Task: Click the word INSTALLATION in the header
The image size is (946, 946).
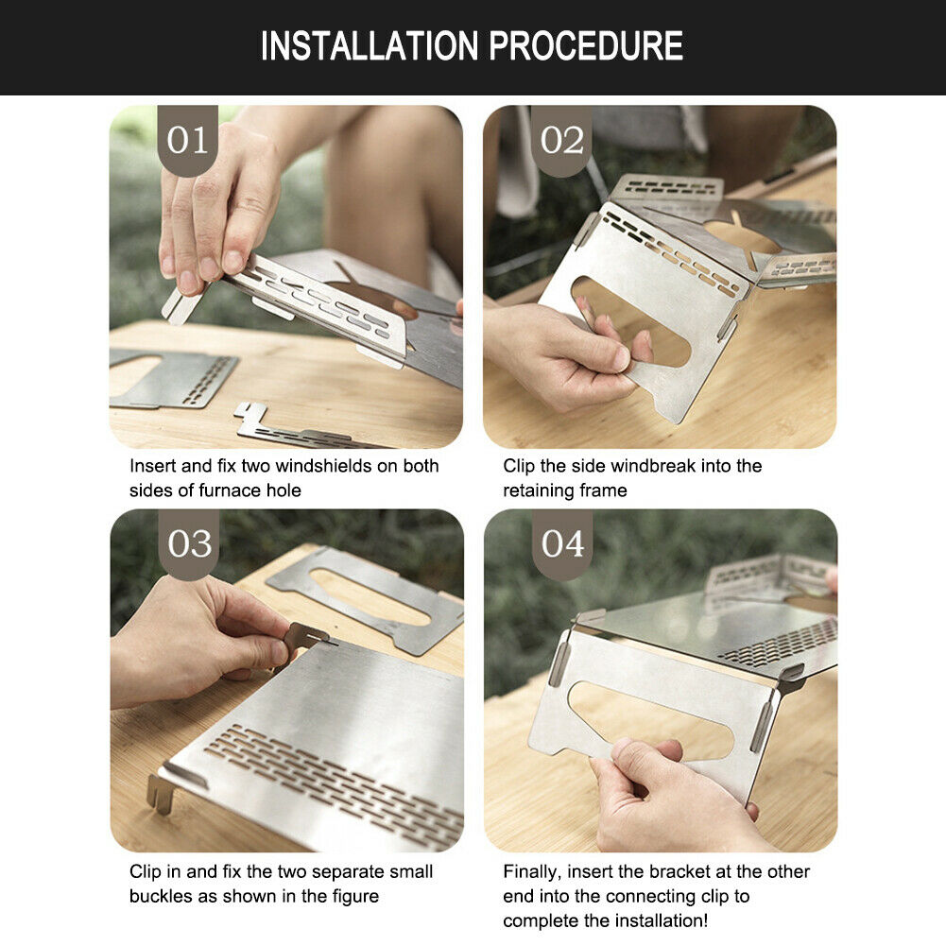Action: click(x=370, y=46)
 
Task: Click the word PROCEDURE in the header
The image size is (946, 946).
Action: click(x=585, y=46)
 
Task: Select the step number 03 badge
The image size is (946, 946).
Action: click(x=189, y=543)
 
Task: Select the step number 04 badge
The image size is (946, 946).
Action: click(x=562, y=543)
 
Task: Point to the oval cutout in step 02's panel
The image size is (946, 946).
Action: click(x=631, y=321)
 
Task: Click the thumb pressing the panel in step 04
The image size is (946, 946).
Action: click(x=637, y=760)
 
